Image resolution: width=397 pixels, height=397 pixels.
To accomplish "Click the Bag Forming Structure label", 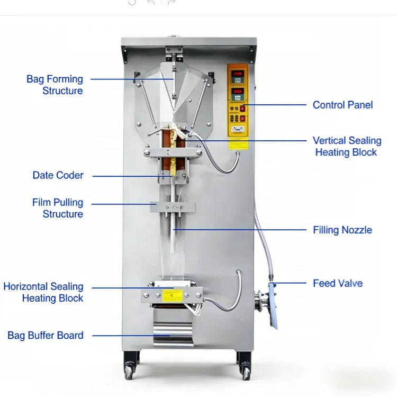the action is click(55, 85).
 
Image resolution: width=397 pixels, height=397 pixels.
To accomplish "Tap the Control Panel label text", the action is click(342, 105).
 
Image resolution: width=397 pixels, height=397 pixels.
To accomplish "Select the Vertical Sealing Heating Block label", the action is click(347, 146).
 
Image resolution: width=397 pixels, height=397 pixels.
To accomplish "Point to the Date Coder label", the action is click(58, 175).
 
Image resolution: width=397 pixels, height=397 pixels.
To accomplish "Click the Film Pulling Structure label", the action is click(58, 208).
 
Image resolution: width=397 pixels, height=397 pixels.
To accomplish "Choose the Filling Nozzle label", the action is click(342, 230).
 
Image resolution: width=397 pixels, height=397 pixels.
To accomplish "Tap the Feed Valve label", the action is click(338, 283).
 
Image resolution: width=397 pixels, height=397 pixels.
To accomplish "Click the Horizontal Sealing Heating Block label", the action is click(43, 292).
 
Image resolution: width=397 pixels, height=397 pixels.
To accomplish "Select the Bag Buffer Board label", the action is click(46, 335).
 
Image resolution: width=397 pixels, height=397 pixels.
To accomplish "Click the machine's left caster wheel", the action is click(129, 372).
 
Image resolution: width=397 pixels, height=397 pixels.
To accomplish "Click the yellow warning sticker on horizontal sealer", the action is click(173, 296).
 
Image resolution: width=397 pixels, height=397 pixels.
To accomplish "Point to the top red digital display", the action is click(238, 74).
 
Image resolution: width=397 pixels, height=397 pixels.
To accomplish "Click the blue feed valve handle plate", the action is click(273, 305).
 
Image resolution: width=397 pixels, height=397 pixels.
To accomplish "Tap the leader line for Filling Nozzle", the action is click(240, 230).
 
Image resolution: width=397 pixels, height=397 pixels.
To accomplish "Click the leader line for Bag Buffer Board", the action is click(131, 336).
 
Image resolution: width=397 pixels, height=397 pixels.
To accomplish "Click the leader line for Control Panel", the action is click(275, 105).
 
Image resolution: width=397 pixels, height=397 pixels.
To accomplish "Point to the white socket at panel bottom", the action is click(238, 129).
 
